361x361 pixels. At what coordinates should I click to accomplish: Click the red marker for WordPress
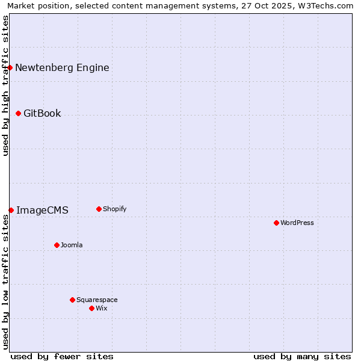pyautogui.click(x=276, y=223)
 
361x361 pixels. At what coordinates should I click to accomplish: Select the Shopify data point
pyautogui.click(x=99, y=209)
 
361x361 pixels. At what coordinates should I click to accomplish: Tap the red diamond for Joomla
pyautogui.click(x=57, y=245)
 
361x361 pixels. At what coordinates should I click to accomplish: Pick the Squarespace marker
pyautogui.click(x=72, y=300)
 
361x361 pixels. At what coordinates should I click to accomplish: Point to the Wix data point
pyautogui.click(x=91, y=308)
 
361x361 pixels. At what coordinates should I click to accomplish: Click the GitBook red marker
pyautogui.click(x=18, y=113)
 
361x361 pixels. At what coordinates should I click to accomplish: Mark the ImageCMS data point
pyautogui.click(x=11, y=210)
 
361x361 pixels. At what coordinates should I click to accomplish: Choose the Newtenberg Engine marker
pyautogui.click(x=10, y=67)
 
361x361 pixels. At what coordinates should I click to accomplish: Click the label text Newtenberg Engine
pyautogui.click(x=62, y=67)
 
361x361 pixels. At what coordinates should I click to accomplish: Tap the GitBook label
pyautogui.click(x=42, y=113)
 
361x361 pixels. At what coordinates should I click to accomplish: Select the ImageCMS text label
pyautogui.click(x=42, y=210)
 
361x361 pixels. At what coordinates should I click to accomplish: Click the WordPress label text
pyautogui.click(x=297, y=223)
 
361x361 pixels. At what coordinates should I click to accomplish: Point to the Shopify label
pyautogui.click(x=115, y=209)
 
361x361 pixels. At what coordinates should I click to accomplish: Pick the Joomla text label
pyautogui.click(x=72, y=245)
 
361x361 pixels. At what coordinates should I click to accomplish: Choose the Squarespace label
pyautogui.click(x=97, y=300)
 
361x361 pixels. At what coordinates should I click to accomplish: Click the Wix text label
pyautogui.click(x=102, y=308)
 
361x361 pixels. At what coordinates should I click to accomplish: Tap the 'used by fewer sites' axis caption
pyautogui.click(x=62, y=356)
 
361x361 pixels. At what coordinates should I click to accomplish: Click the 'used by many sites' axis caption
pyautogui.click(x=302, y=356)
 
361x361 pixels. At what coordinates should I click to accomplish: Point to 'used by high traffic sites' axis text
pyautogui.click(x=6, y=85)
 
